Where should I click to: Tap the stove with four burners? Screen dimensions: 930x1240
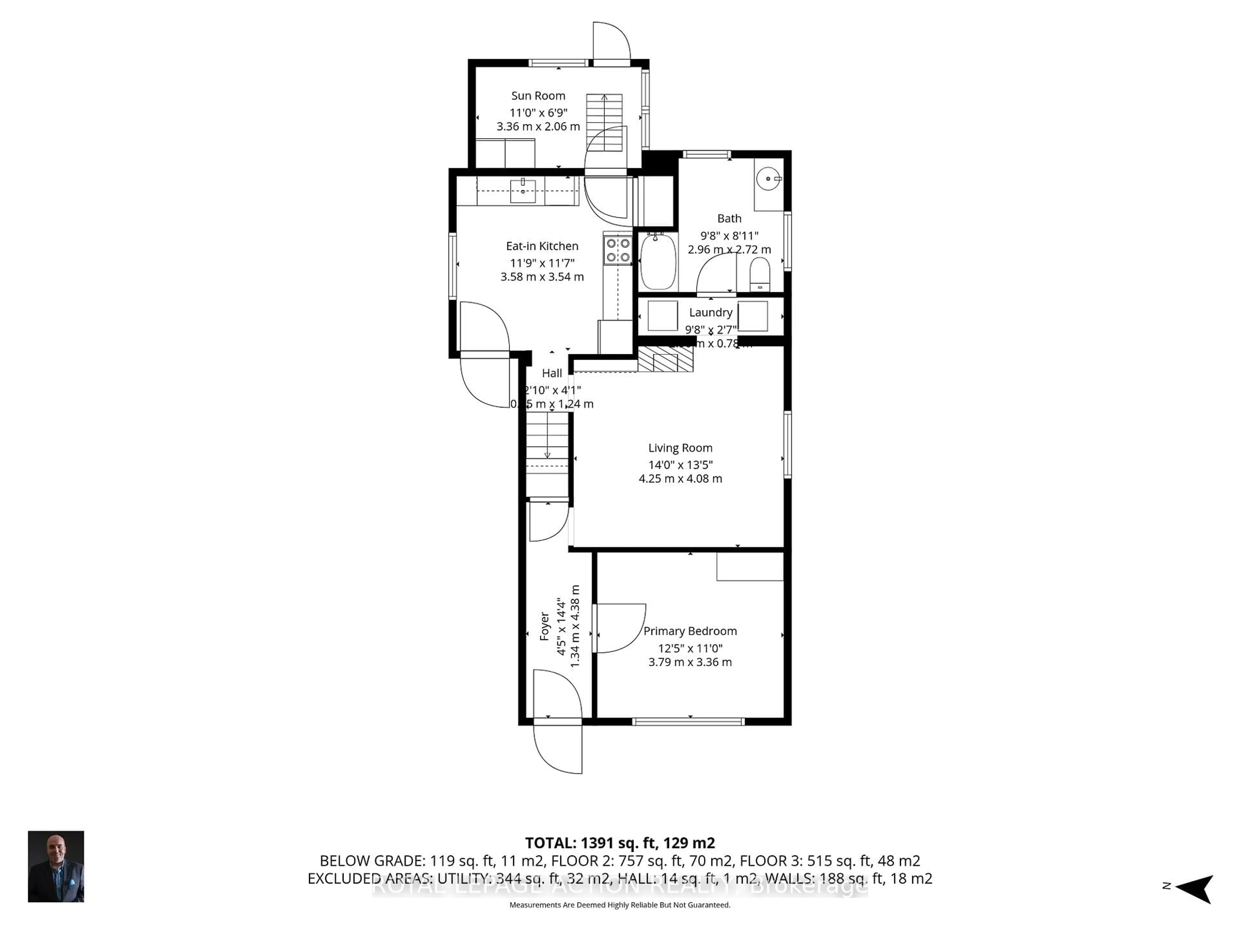point(617,250)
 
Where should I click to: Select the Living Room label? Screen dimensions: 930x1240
point(680,448)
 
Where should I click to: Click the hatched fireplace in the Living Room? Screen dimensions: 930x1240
point(666,359)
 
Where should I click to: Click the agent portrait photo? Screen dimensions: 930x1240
point(56,866)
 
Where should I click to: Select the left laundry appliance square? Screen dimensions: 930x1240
point(663,315)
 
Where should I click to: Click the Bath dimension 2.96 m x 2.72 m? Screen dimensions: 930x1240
point(729,250)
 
